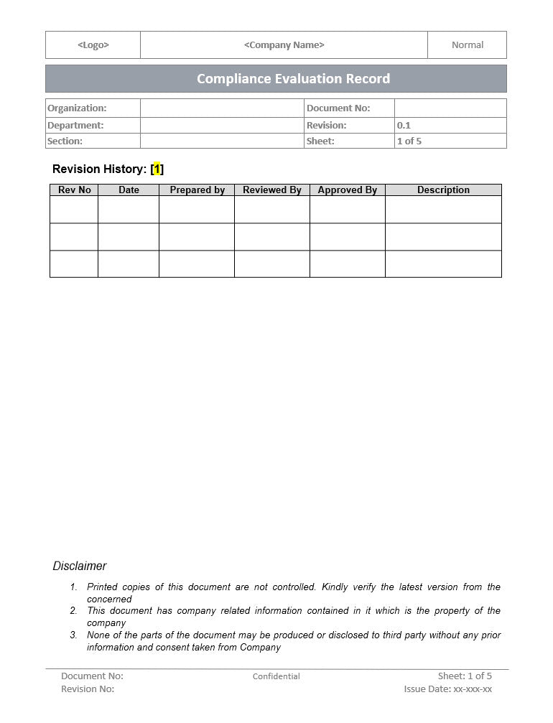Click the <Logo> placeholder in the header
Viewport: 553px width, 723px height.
tap(93, 45)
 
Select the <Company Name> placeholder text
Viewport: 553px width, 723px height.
tap(284, 45)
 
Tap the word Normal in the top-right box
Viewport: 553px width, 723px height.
tap(468, 45)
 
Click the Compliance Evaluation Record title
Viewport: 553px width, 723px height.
tap(293, 79)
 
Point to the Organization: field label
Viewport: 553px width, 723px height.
tap(77, 108)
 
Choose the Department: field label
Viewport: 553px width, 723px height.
tap(75, 125)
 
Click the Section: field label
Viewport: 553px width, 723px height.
tap(65, 141)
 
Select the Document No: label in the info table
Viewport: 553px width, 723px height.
tap(338, 108)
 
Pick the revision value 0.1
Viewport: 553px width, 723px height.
tap(404, 125)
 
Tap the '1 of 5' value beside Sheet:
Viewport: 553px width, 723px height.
tap(409, 141)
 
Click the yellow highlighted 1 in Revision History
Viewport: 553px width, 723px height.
tap(157, 169)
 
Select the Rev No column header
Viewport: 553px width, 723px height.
tap(75, 190)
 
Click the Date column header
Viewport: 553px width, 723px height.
tap(129, 190)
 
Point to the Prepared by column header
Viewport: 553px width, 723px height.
tap(197, 190)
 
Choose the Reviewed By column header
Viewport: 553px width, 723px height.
tap(272, 190)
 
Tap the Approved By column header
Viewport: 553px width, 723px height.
tap(348, 190)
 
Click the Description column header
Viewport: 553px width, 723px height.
tap(443, 190)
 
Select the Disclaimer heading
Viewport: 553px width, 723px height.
tap(80, 566)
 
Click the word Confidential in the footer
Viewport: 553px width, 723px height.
tap(276, 676)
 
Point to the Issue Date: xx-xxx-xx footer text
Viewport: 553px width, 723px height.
tap(448, 689)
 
